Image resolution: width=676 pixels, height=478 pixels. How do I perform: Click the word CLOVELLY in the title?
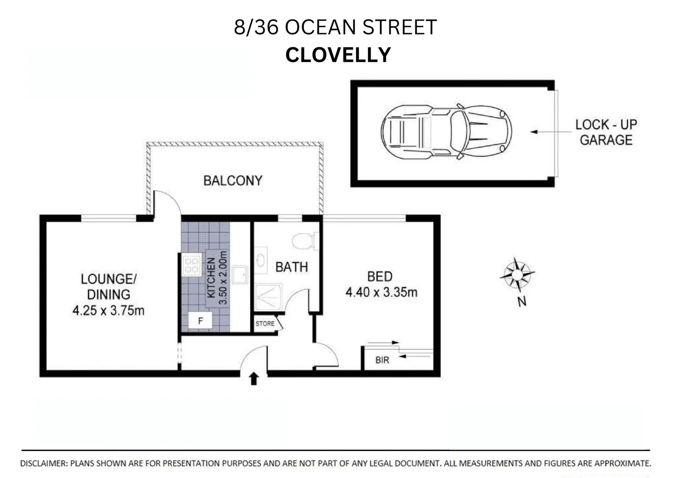pyautogui.click(x=338, y=55)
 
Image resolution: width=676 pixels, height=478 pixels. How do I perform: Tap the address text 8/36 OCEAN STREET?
pyautogui.click(x=335, y=27)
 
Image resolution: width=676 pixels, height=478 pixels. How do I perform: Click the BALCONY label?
pyautogui.click(x=233, y=181)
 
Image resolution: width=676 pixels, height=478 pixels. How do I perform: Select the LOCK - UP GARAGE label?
pyautogui.click(x=606, y=132)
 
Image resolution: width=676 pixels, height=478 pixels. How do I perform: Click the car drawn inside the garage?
pyautogui.click(x=446, y=132)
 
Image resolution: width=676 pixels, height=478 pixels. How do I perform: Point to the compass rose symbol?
pyautogui.click(x=517, y=274)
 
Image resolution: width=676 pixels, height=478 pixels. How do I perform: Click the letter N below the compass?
pyautogui.click(x=522, y=302)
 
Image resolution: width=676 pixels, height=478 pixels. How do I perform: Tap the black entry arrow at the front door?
pyautogui.click(x=253, y=379)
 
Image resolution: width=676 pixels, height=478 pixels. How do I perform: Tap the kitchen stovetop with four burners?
pyautogui.click(x=192, y=265)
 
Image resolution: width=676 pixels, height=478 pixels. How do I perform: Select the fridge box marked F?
pyautogui.click(x=200, y=320)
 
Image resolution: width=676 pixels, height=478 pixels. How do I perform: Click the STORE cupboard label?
pyautogui.click(x=265, y=324)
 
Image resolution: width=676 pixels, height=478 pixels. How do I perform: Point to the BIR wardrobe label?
pyautogui.click(x=382, y=360)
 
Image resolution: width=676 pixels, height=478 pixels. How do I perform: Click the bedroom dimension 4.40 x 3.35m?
pyautogui.click(x=381, y=293)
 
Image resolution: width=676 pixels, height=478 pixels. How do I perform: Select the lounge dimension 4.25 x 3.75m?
pyautogui.click(x=108, y=311)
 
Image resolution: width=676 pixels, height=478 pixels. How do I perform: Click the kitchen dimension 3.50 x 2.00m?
pyautogui.click(x=223, y=278)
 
